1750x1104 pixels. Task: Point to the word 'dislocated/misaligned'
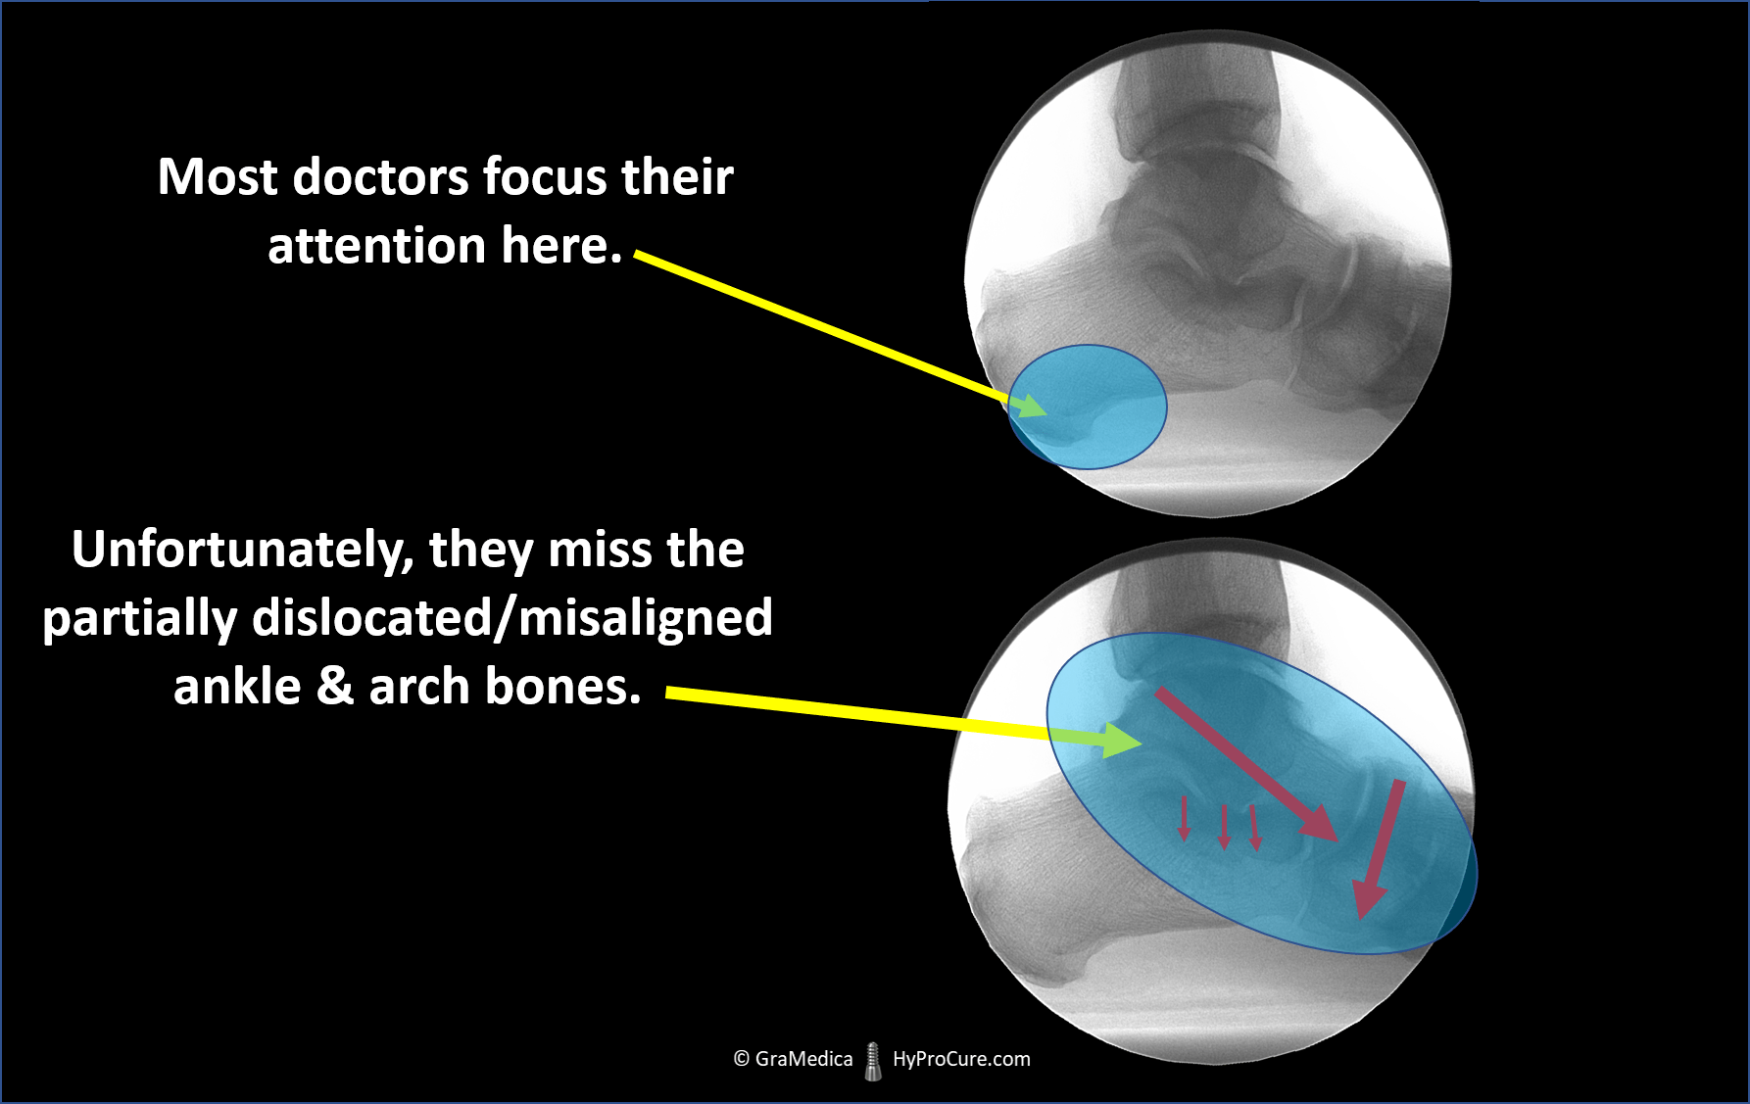click(x=512, y=618)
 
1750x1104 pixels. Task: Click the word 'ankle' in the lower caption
click(x=237, y=686)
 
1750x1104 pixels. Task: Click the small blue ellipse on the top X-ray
click(x=1088, y=407)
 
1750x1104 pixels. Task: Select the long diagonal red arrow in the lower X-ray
click(x=1246, y=764)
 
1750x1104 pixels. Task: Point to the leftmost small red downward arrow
click(x=1184, y=819)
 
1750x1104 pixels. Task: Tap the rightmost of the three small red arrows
click(x=1255, y=827)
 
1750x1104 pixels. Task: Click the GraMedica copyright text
click(x=793, y=1059)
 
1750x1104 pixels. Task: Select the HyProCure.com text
click(x=961, y=1059)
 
